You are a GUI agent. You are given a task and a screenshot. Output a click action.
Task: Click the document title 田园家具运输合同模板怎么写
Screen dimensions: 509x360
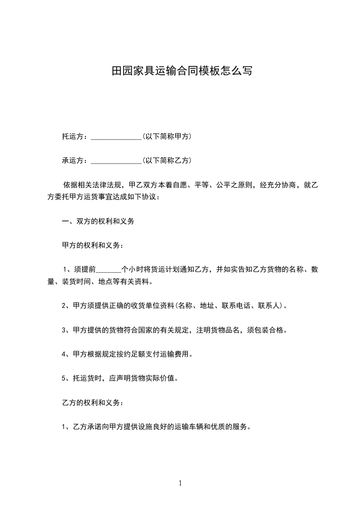(182, 71)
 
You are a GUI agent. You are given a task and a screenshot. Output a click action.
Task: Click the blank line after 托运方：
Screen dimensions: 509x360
(116, 137)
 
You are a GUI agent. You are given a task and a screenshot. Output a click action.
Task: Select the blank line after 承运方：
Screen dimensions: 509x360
(116, 161)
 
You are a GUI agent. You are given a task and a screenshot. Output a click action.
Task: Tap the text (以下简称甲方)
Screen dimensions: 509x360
(167, 136)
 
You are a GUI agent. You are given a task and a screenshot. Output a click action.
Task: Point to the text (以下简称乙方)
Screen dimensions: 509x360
(167, 160)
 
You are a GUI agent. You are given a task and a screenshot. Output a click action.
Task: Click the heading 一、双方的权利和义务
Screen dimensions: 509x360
(98, 221)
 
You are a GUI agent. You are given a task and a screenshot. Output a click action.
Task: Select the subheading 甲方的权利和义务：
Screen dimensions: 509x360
(93, 245)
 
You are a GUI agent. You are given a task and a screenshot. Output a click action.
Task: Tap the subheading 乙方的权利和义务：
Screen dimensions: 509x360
(93, 402)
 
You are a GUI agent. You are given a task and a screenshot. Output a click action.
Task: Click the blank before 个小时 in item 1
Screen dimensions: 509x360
(108, 270)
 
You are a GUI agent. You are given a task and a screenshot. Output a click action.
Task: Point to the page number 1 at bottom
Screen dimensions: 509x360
(180, 483)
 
